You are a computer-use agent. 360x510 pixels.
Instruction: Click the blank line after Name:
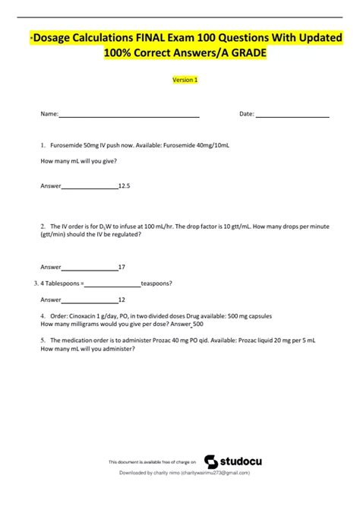(129, 115)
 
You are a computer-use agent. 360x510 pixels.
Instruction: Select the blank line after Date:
(292, 115)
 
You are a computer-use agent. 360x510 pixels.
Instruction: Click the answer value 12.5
(124, 185)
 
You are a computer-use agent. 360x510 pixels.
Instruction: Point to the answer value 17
(122, 267)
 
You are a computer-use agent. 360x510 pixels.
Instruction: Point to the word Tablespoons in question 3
(62, 284)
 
